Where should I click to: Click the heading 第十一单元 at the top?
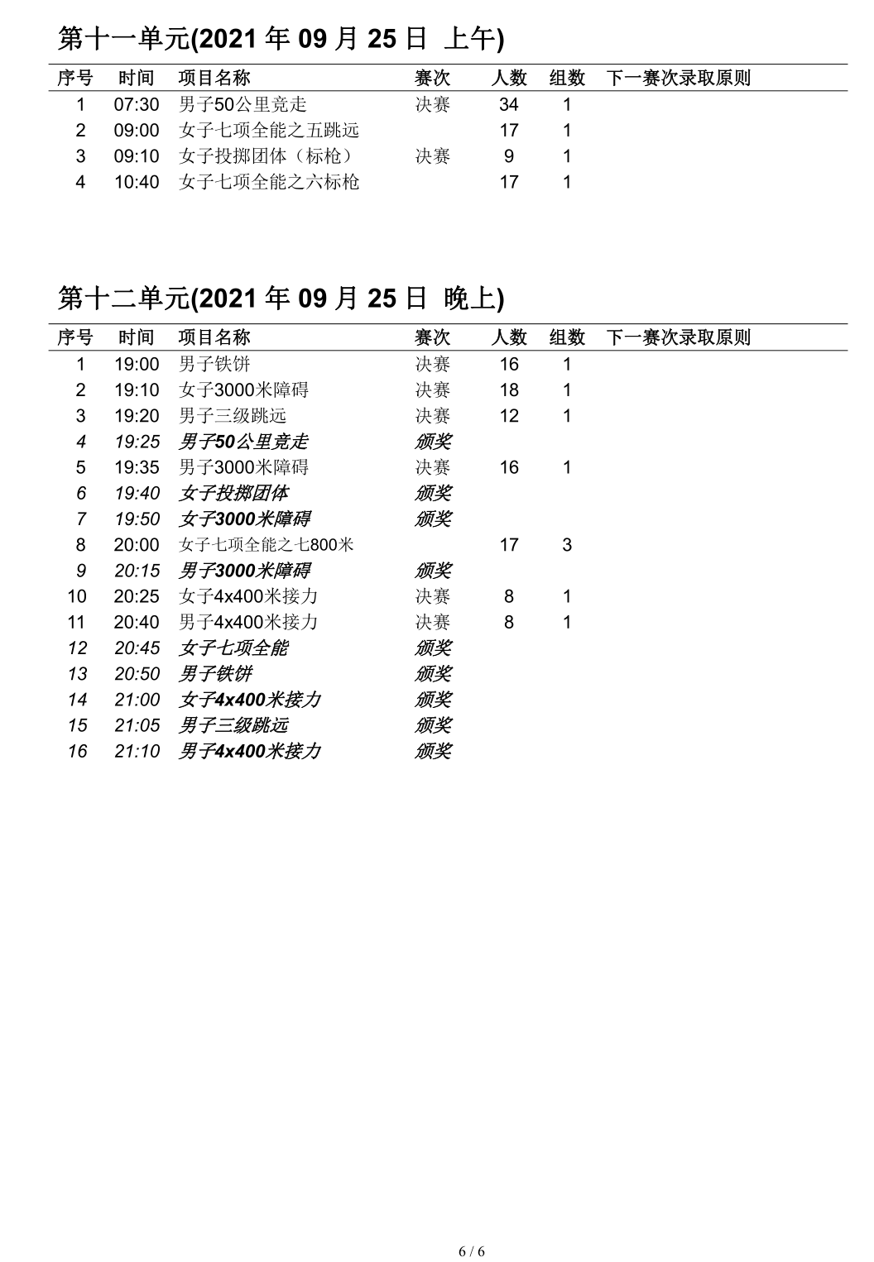click(x=281, y=38)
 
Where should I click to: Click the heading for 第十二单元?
click(x=281, y=298)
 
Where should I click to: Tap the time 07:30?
click(x=137, y=104)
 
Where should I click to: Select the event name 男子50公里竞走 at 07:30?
click(x=243, y=104)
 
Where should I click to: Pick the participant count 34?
click(x=508, y=104)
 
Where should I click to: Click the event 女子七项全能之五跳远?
click(x=269, y=130)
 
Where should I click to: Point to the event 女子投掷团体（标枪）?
click(x=269, y=156)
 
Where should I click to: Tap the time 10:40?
click(x=137, y=182)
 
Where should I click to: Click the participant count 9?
click(x=508, y=156)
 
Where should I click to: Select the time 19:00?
click(x=137, y=364)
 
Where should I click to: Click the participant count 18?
click(x=508, y=390)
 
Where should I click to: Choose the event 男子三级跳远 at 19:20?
click(x=233, y=415)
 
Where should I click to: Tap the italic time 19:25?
click(x=137, y=442)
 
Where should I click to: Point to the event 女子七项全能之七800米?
click(x=267, y=545)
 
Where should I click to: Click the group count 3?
click(x=567, y=545)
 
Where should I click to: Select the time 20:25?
click(x=137, y=596)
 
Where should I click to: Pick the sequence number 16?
click(x=78, y=751)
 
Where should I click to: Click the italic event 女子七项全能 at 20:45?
click(x=233, y=648)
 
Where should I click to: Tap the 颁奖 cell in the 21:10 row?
click(x=432, y=751)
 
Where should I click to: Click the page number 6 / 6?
click(x=472, y=1250)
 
